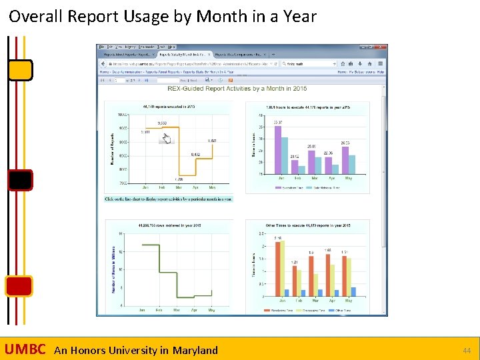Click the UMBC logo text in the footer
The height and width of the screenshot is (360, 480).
coord(25,349)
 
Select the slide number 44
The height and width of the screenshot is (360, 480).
coord(466,350)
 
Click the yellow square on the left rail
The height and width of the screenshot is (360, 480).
coord(20,69)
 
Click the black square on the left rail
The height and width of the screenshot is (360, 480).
coord(20,180)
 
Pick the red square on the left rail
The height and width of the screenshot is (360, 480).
coord(19,286)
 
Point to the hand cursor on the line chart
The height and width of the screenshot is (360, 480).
coord(167,138)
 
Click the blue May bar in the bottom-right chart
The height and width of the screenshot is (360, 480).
coord(353,291)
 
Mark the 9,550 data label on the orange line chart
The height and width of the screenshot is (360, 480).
coord(162,123)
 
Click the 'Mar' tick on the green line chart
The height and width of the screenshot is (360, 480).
coord(177,310)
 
